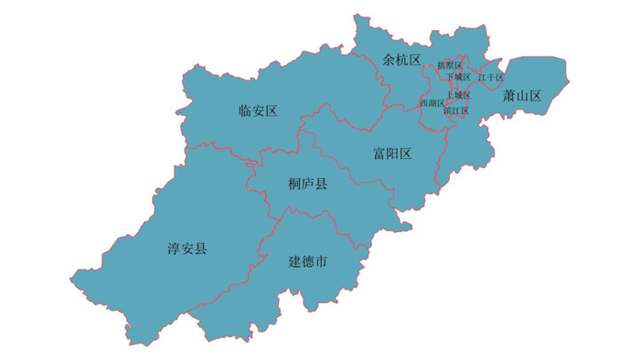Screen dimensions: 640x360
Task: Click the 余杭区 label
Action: click(401, 60)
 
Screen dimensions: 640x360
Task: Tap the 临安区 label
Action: click(257, 111)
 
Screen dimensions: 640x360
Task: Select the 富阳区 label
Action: click(392, 154)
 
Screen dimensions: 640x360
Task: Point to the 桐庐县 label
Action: click(307, 185)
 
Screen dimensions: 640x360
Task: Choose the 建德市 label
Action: click(308, 262)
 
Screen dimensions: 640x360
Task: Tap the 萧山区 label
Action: click(522, 95)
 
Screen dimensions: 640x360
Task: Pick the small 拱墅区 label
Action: click(450, 66)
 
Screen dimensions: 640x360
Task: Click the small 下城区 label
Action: click(458, 77)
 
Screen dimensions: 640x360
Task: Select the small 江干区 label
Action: click(490, 78)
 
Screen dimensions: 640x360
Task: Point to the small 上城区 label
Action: click(458, 95)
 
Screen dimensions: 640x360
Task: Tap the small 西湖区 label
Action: click(432, 103)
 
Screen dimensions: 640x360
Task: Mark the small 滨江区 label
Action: click(456, 111)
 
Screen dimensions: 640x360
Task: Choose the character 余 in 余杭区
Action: click(389, 60)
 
